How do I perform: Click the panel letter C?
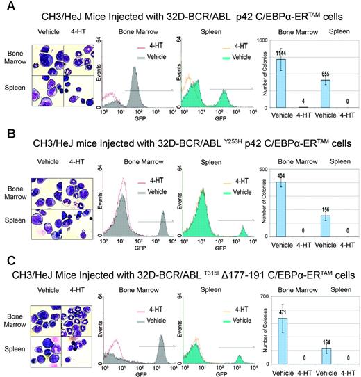tap(7, 257)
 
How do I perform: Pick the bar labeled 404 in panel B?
tap(281, 208)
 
